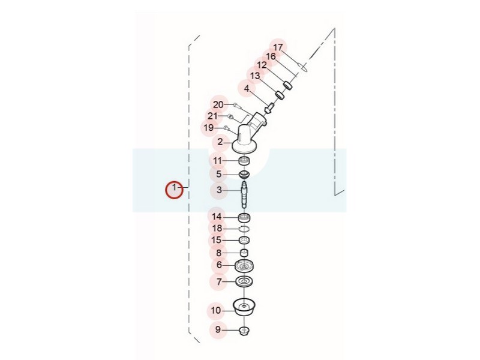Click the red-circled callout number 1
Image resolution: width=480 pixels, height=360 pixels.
pos(174,187)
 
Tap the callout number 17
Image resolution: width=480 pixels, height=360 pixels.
pos(278,47)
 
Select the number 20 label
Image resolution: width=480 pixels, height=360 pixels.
pos(218,104)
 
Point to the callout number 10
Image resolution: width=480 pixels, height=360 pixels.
pos(216,310)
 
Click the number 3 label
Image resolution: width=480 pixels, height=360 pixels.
pos(219,190)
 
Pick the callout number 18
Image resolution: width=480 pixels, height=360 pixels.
pos(217,229)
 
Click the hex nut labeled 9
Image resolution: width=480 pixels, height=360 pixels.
pos(244,331)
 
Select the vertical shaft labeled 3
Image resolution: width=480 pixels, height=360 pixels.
pos(244,194)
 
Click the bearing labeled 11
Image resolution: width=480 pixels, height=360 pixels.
pos(245,160)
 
